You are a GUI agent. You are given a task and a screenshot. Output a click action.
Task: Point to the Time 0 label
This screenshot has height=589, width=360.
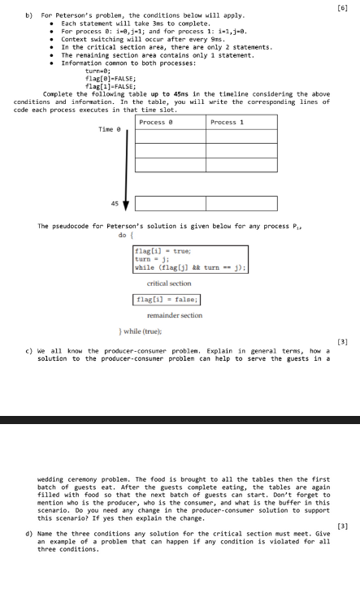108,129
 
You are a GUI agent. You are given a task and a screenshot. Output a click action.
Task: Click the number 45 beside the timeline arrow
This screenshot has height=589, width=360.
115,203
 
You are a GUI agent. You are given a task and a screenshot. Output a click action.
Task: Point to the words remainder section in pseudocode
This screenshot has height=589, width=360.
169,314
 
